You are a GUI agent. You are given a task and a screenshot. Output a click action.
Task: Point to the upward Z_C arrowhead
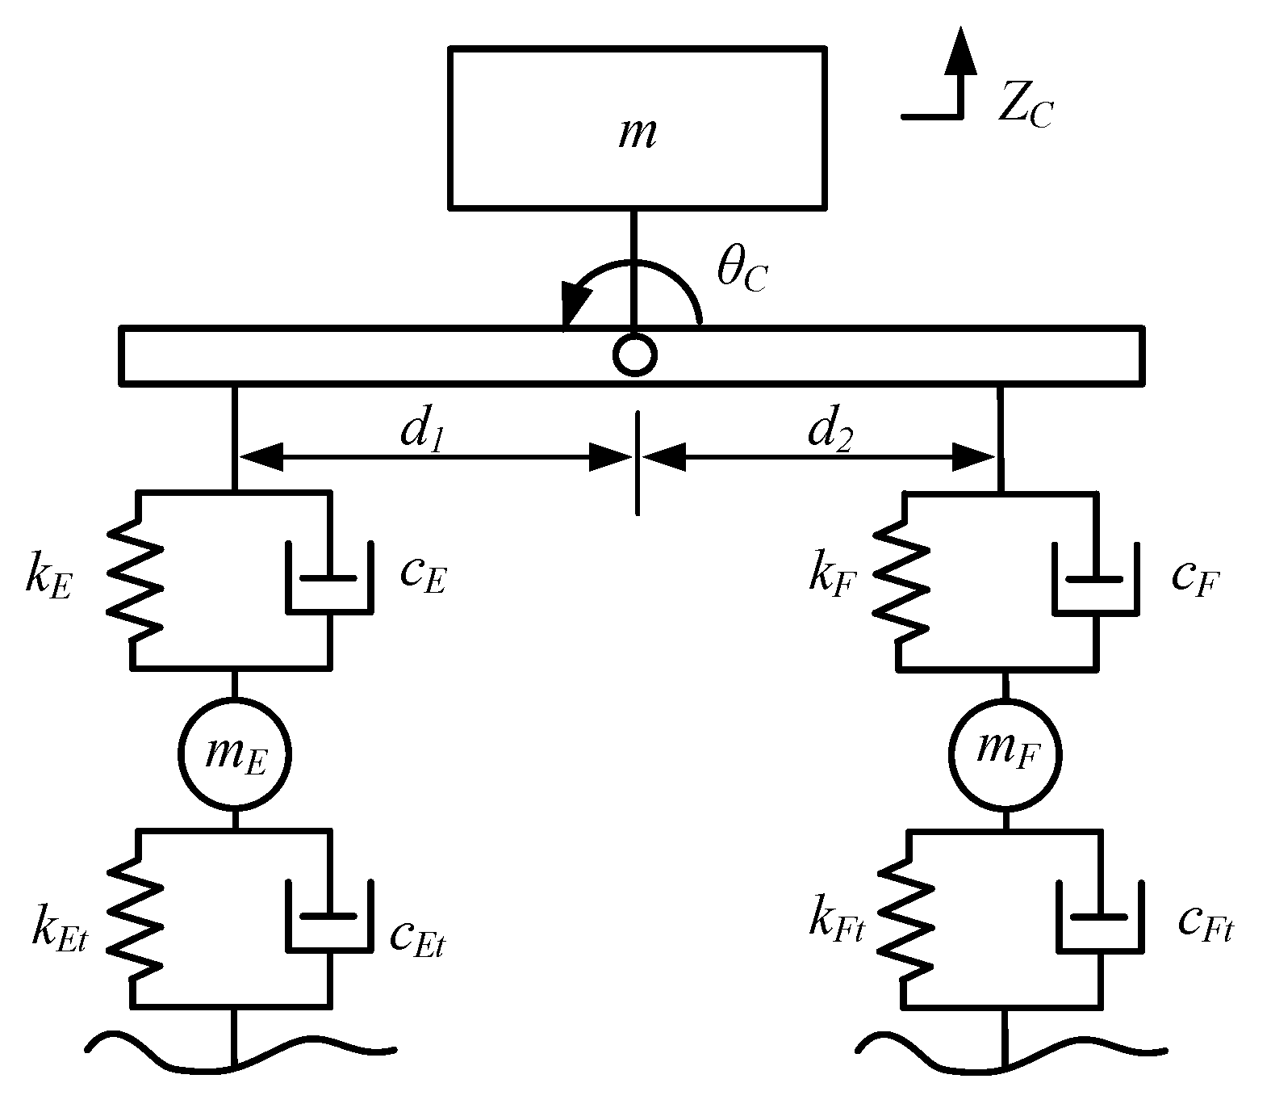[x=960, y=50]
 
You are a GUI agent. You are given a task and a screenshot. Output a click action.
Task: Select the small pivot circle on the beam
[x=635, y=354]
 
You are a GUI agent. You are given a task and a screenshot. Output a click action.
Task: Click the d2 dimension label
[x=831, y=433]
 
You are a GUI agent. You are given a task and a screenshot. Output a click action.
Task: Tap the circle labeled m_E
[x=234, y=755]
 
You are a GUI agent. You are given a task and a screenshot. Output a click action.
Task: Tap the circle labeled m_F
[x=1005, y=755]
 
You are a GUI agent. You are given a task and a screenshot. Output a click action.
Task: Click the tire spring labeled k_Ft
[x=905, y=918]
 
